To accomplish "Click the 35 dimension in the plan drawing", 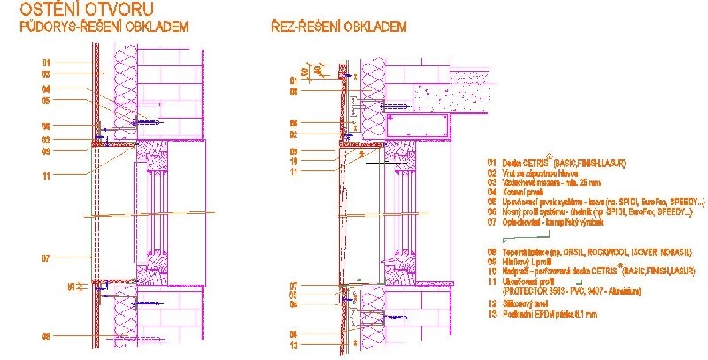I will point(73,286).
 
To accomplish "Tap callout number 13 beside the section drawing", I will point(295,345).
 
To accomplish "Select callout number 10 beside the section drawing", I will point(295,161).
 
